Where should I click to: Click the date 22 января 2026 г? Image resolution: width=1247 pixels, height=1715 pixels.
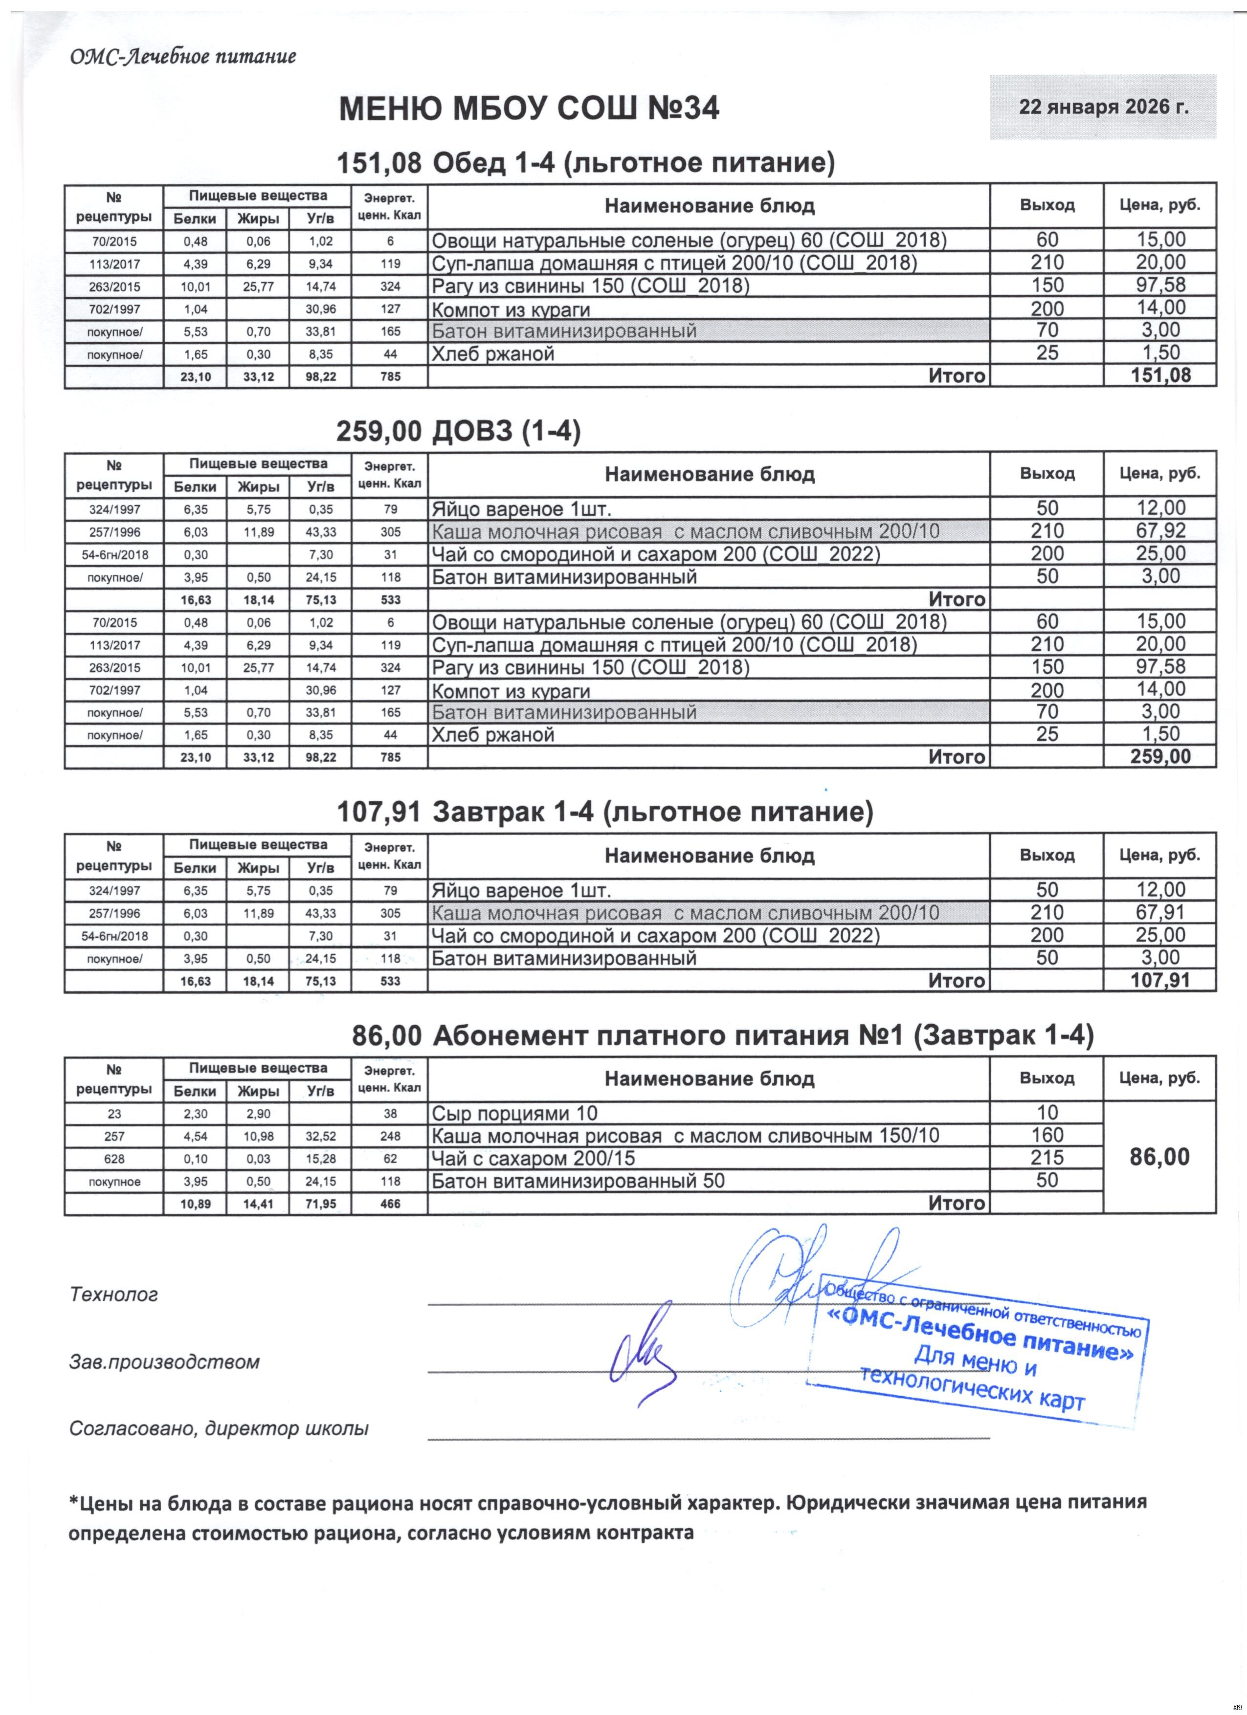pyautogui.click(x=1103, y=107)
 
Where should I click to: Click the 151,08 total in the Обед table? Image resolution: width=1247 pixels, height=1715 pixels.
pyautogui.click(x=1160, y=376)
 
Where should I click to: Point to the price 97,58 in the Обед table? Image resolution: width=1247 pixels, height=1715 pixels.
pyautogui.click(x=1160, y=285)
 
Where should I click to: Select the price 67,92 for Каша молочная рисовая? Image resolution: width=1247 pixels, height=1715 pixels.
pyautogui.click(x=1160, y=531)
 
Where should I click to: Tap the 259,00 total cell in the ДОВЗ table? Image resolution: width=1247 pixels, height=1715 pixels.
pyautogui.click(x=1160, y=757)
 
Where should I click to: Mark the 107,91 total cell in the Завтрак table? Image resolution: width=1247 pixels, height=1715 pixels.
pyautogui.click(x=1160, y=981)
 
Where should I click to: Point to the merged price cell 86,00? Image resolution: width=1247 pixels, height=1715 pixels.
pyautogui.click(x=1160, y=1157)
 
